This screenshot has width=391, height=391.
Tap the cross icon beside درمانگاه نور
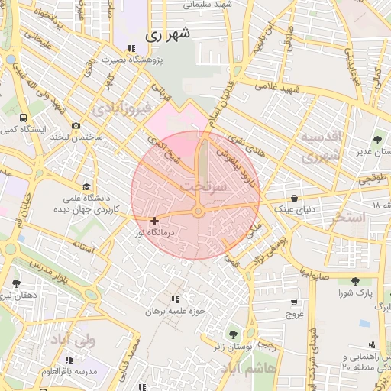coord(155,221)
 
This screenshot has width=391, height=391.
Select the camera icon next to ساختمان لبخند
coord(76,126)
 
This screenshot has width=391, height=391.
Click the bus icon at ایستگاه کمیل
coord(24,119)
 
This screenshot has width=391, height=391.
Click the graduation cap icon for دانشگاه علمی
coord(86,187)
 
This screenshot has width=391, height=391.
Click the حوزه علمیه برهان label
coord(178,311)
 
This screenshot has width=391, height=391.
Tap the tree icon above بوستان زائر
coord(233,333)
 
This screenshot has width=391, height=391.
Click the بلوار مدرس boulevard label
coord(31,263)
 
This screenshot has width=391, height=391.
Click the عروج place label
coord(295,314)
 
